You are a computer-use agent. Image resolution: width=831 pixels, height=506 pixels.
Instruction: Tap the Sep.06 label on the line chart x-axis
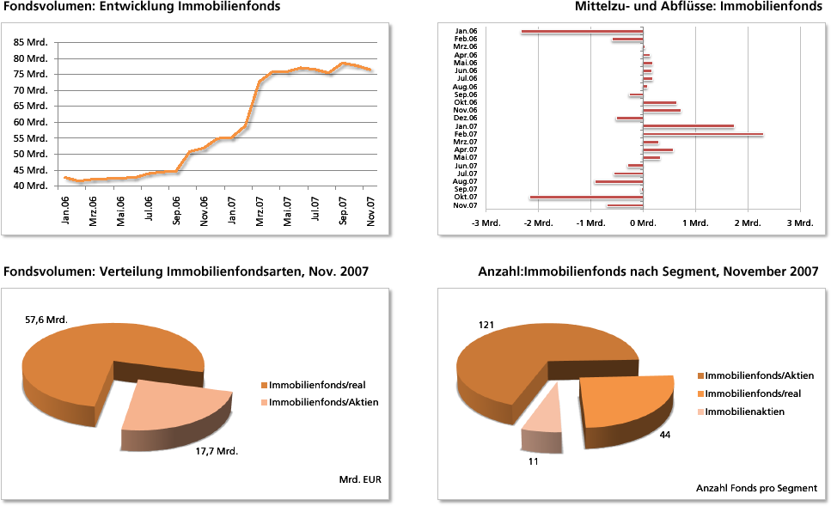(x=177, y=210)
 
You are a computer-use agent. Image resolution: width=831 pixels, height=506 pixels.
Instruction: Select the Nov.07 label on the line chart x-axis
(x=371, y=210)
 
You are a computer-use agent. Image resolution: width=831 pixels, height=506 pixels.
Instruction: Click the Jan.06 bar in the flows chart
(x=582, y=32)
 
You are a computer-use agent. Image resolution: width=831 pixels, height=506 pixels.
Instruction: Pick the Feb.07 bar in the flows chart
(x=703, y=134)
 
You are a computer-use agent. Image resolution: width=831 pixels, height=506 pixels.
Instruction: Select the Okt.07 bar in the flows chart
(x=586, y=198)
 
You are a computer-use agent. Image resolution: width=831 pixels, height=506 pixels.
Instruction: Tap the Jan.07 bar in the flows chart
(x=688, y=126)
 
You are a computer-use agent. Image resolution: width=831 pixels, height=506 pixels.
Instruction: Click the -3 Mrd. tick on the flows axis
(x=486, y=223)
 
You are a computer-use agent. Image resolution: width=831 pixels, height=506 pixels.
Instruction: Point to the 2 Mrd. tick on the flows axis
(x=748, y=223)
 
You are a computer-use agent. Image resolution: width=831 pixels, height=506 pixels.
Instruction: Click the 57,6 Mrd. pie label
(x=46, y=320)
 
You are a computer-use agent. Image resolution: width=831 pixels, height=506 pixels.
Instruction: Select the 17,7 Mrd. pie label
(x=216, y=451)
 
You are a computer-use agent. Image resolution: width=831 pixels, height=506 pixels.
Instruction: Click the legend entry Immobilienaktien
(x=744, y=412)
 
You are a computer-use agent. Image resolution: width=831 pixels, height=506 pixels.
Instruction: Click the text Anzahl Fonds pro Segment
(x=756, y=488)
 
